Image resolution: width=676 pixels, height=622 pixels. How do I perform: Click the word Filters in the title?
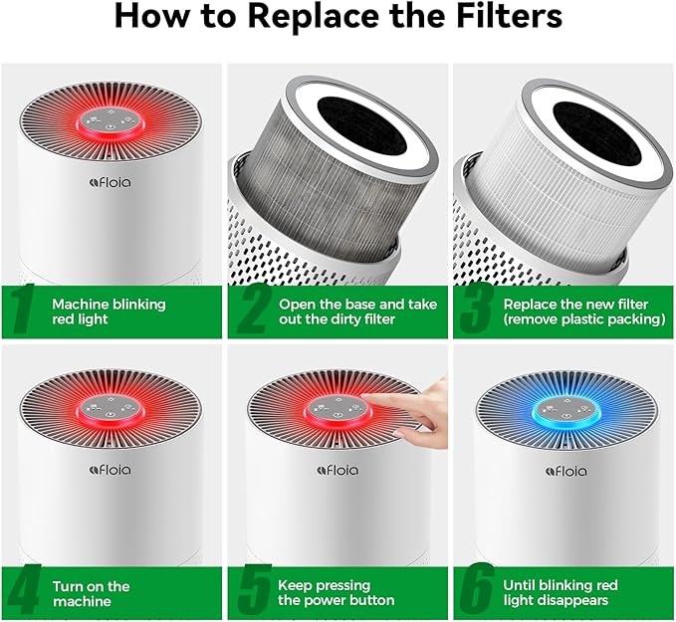tap(504, 17)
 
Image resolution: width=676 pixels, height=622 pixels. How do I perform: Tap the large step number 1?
tap(25, 311)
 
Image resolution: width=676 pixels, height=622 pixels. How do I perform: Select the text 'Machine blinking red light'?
tap(109, 311)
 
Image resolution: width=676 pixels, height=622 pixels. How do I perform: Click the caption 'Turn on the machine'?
tap(91, 593)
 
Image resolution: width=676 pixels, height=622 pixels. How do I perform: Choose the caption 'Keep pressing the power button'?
tap(336, 593)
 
